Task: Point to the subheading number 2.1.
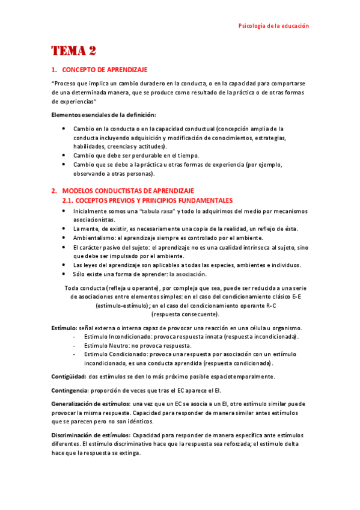(70, 200)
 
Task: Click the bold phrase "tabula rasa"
(157, 211)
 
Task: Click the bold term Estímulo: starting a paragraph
(64, 328)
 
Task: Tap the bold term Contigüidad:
(69, 376)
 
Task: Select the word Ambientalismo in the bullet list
(94, 238)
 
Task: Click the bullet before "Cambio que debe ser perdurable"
(64, 156)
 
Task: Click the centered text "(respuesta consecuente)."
(185, 314)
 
